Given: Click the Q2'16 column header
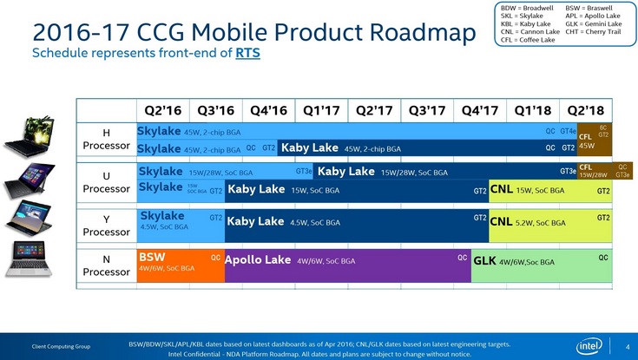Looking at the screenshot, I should (161, 110).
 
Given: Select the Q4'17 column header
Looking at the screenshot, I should (480, 110).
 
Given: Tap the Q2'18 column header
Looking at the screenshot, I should (587, 110).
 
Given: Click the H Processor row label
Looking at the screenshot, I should (107, 140).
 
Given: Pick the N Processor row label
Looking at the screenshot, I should (107, 265).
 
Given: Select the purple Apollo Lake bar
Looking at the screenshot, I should (347, 265).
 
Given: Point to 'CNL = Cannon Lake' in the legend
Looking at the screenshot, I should (530, 31).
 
